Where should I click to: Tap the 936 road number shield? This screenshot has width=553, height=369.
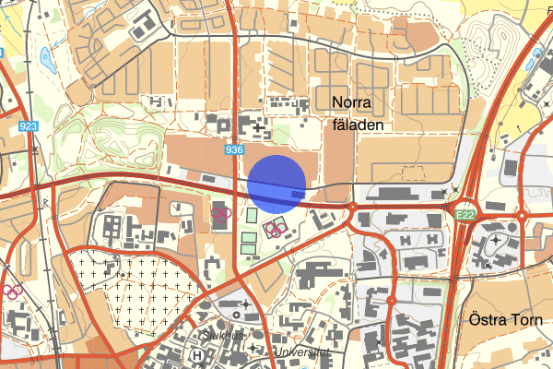click(233, 149)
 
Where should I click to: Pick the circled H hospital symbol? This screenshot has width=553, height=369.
click(195, 353)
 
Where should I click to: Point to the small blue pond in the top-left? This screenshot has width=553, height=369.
click(46, 61)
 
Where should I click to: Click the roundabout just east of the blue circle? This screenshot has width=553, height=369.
click(352, 208)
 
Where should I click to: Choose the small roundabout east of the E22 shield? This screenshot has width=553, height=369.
click(521, 216)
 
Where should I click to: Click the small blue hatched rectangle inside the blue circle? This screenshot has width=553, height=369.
click(297, 195)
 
